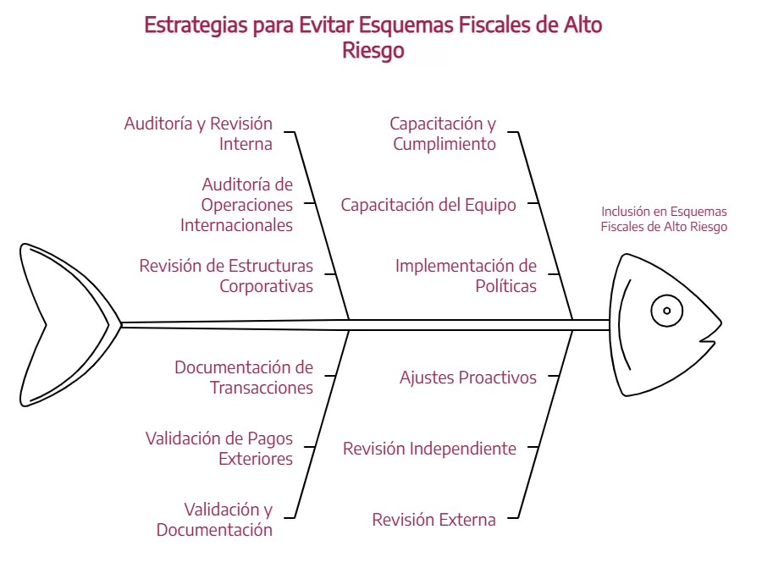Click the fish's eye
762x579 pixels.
coord(667,311)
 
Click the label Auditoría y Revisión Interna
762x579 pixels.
coord(198,134)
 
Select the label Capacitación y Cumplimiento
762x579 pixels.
coord(443,134)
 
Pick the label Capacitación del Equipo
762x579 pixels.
coord(428,205)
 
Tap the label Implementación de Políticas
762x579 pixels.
coord(466,275)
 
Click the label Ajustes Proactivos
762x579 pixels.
coord(468,378)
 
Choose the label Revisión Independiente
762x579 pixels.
coord(429,449)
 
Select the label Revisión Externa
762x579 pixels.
coord(434,519)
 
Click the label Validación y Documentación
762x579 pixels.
coord(214,519)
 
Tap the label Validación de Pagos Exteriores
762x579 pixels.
coord(219,449)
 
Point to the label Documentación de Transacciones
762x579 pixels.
coord(244,378)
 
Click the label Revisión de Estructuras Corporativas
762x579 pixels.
coord(226,275)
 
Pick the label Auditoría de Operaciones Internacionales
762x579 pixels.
coord(237,205)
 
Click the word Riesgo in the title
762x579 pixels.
coord(373,51)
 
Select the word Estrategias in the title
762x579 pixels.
coord(196,25)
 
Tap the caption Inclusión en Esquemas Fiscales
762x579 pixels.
coord(664,218)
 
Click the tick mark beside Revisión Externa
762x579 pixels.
coord(513,518)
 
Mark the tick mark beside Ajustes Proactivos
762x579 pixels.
coord(554,376)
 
